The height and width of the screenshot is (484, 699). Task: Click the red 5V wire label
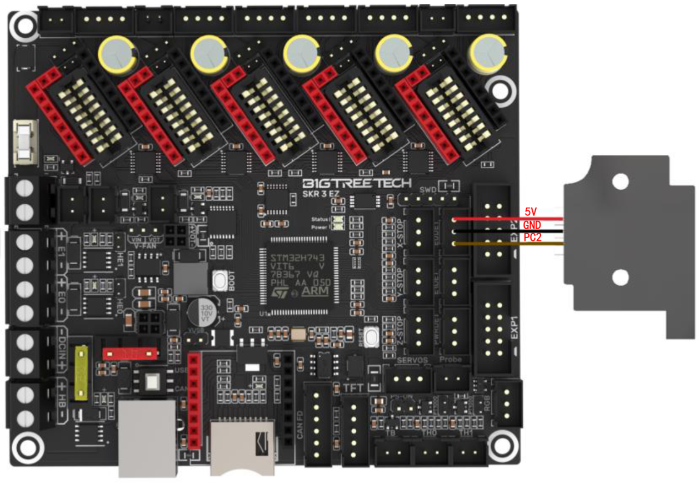[x=530, y=211]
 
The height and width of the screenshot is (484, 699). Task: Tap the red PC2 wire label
[x=533, y=237]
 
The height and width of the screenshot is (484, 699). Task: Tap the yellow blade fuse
[x=84, y=372]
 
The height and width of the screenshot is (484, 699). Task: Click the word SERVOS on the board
[x=412, y=360]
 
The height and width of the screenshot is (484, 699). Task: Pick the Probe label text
[x=451, y=360]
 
